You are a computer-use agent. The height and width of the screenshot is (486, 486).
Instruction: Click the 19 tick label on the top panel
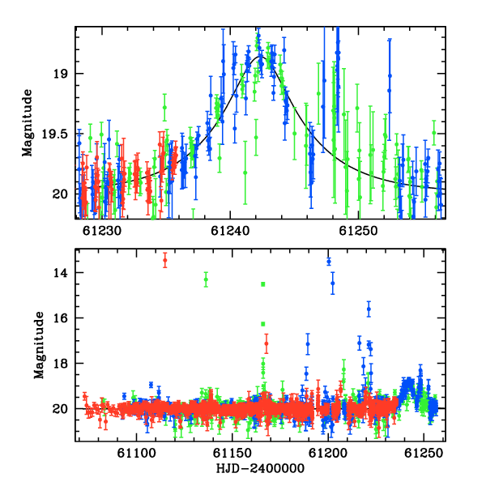point(59,74)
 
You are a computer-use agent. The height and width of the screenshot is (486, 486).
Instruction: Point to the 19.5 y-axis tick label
point(54,134)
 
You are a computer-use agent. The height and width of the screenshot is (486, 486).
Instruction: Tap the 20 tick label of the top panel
point(59,194)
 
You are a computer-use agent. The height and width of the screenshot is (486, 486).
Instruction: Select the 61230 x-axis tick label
point(102,231)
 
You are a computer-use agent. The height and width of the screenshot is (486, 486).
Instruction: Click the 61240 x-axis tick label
point(230,231)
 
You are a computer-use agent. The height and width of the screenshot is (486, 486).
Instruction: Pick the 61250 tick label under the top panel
point(358,231)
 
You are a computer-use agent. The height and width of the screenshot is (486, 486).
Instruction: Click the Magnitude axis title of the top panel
point(28,123)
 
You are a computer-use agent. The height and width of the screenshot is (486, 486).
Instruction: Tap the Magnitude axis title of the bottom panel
point(39,345)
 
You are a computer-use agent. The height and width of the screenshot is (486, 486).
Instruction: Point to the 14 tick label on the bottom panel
point(59,273)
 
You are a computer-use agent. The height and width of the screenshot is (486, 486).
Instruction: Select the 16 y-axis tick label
point(59,318)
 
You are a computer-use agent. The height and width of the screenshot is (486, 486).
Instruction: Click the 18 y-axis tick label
point(59,363)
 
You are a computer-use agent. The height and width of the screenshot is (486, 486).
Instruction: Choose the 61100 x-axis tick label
point(136,454)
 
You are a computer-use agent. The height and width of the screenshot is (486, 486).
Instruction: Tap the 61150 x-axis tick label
point(232,454)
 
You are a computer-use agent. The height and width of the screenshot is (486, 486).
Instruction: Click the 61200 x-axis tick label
point(328,454)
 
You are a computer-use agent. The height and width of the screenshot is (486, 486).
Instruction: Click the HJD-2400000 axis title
point(260,468)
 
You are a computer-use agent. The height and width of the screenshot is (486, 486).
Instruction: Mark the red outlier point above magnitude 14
point(165,260)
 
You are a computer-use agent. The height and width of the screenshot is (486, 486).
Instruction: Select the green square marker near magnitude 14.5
point(263,284)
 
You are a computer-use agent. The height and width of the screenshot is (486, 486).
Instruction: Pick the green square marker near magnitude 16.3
point(263,324)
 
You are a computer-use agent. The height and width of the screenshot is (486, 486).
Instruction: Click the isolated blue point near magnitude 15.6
point(369,309)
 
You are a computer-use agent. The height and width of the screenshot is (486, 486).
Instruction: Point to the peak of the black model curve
point(260,57)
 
